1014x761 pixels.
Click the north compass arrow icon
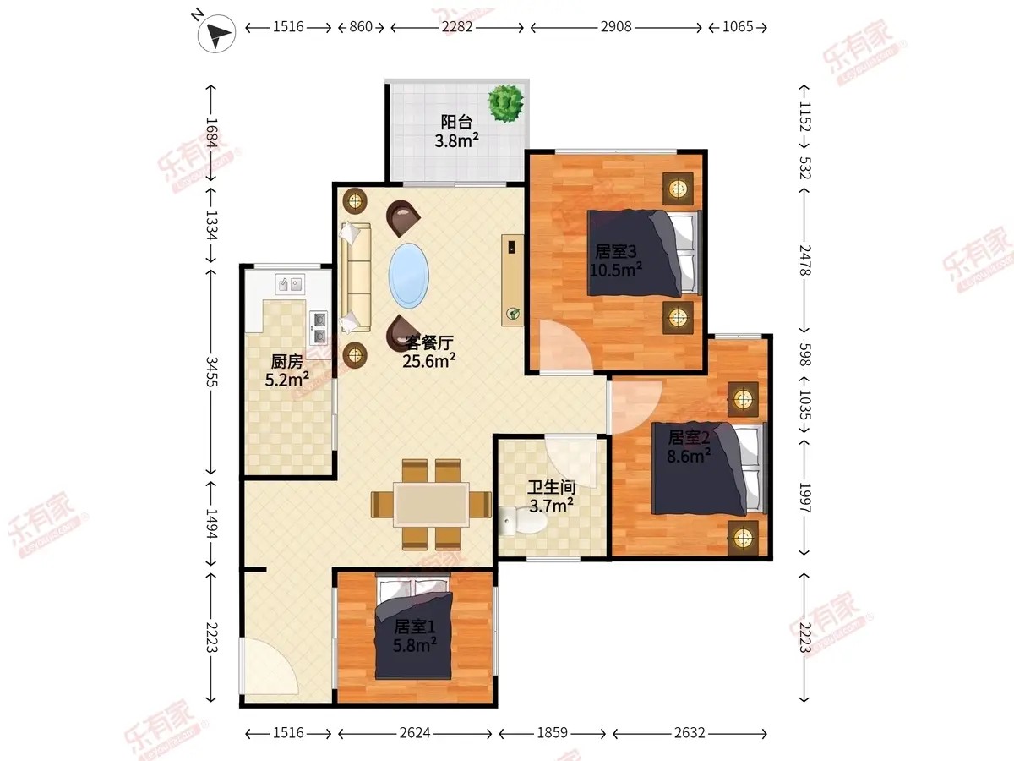coord(216,33)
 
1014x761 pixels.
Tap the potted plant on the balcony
coord(506,102)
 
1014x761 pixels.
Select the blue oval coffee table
coord(408,276)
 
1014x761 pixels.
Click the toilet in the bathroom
coord(523,521)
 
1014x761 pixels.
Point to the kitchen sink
coord(290,283)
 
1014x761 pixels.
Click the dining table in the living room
coord(432,504)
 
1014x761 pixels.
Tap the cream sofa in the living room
coord(356,277)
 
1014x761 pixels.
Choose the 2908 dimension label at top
coord(616,27)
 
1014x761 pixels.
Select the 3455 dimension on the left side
coord(211,371)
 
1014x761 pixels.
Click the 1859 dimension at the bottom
coord(552,733)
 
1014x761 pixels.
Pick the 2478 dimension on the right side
coord(805,260)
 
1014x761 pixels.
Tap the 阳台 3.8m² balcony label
coord(456,131)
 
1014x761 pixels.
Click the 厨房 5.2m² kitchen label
coord(286,370)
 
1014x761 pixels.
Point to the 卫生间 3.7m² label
coord(552,496)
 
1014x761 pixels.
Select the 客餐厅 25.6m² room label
coord(429,352)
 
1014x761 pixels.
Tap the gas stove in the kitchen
coord(319,327)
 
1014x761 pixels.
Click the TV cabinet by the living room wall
coord(513,280)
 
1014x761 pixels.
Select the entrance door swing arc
coord(270,665)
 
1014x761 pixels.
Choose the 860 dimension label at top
coord(361,27)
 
